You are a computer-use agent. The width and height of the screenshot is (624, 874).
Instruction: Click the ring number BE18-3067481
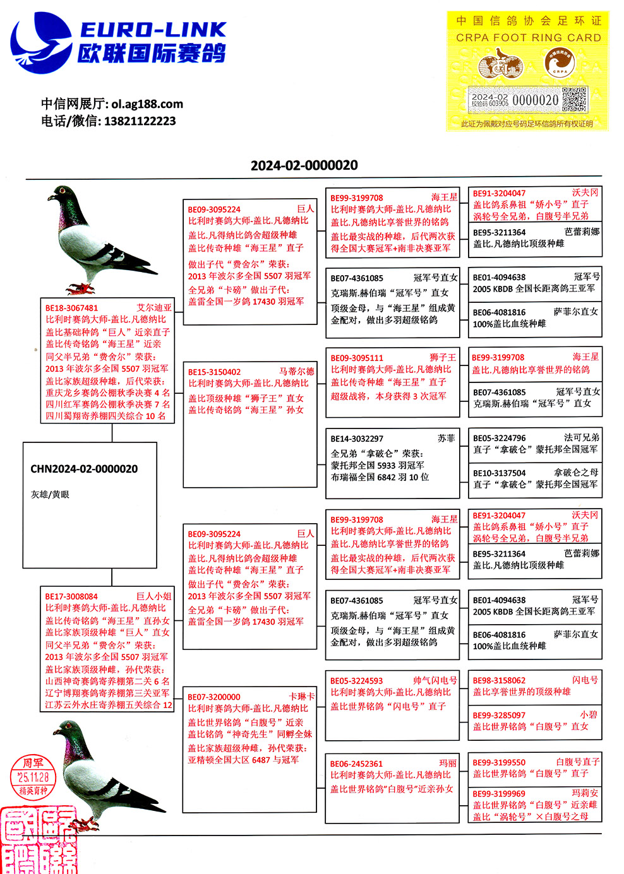point(72,308)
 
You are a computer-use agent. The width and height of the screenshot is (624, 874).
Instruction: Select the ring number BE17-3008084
point(71,596)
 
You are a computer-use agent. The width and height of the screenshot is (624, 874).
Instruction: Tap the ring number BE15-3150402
point(214,372)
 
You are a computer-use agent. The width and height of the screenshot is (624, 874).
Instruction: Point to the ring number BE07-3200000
point(213,697)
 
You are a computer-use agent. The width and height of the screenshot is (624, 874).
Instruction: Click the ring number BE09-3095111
point(357,358)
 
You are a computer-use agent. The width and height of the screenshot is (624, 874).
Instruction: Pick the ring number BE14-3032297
point(357,439)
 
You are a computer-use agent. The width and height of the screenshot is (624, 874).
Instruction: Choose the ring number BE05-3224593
point(357,681)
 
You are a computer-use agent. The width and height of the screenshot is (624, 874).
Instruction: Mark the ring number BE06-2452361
point(357,764)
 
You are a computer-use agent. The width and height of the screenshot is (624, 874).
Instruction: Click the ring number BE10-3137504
point(499,473)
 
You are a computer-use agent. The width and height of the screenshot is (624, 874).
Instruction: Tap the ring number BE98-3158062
point(499,681)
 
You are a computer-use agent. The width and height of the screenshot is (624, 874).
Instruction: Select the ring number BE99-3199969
point(499,794)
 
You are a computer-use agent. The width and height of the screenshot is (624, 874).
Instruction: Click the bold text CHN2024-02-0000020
point(84,469)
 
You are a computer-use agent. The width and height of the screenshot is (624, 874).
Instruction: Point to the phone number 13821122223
point(140,121)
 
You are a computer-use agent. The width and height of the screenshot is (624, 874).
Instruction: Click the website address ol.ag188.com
point(147,104)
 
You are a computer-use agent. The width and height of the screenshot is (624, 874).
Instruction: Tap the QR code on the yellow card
point(574,99)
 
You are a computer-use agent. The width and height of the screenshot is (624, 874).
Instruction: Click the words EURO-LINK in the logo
point(153,30)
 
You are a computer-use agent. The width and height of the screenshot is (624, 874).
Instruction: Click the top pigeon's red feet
point(80,288)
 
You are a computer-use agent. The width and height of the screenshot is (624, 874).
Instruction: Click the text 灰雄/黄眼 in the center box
point(50,495)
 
